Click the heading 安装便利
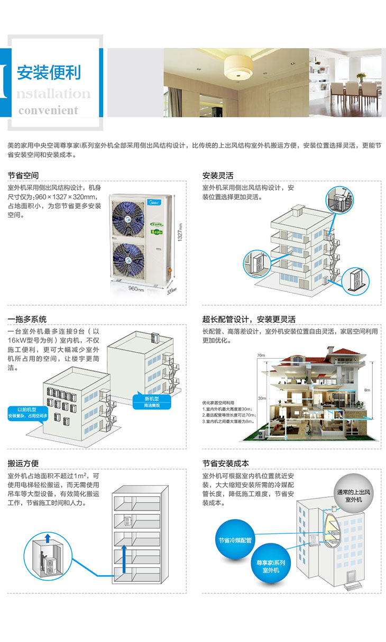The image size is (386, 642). (49, 72)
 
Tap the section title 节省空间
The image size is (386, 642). (23, 175)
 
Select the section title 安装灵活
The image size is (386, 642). (218, 175)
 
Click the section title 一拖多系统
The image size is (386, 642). (27, 319)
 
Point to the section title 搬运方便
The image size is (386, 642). (23, 463)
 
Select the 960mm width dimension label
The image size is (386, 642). (136, 288)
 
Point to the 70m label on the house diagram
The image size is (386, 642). (260, 355)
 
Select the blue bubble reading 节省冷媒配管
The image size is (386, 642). (236, 541)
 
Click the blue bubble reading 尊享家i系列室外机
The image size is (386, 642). (271, 566)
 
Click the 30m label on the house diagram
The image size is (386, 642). (261, 398)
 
